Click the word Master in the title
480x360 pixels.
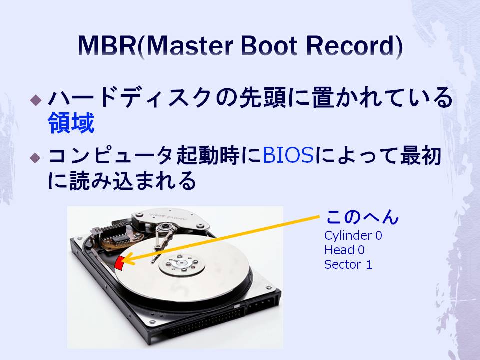pos(190,46)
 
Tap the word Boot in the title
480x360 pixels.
pos(269,46)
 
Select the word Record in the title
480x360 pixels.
pos(349,46)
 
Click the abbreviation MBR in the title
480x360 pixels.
pos(107,46)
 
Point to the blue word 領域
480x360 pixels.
pos(71,123)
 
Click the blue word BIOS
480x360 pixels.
pos(288,155)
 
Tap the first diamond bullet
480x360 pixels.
pos(36,100)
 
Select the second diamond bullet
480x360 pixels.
pos(36,158)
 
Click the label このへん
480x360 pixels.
pos(362,217)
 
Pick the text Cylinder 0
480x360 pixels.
pos(353,235)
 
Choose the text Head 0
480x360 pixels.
pos(344,250)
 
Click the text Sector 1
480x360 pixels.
pos(348,264)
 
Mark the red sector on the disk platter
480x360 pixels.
pos(119,263)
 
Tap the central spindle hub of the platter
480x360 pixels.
pos(182,263)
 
